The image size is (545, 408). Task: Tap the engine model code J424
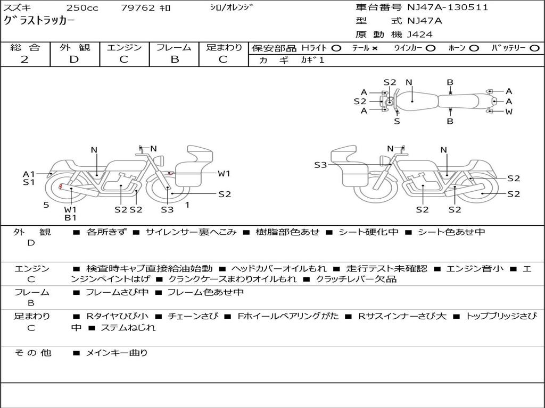click(x=420, y=35)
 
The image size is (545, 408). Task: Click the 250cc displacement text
click(x=82, y=8)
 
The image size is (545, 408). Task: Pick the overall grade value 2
click(x=24, y=59)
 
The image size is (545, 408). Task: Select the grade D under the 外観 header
click(x=74, y=59)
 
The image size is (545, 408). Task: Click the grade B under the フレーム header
click(x=174, y=59)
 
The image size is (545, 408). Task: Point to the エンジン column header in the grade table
click(x=124, y=48)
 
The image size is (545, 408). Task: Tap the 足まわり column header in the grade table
click(x=224, y=48)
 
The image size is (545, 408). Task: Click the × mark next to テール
click(x=375, y=48)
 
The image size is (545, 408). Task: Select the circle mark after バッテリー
click(x=534, y=48)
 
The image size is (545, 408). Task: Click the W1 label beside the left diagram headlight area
click(x=224, y=173)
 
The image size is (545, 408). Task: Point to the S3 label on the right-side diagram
click(x=320, y=165)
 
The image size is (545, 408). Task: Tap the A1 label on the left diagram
click(x=29, y=174)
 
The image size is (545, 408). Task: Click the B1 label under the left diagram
click(x=71, y=217)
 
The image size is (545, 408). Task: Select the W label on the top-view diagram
click(x=509, y=112)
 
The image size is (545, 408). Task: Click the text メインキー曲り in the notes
click(x=117, y=352)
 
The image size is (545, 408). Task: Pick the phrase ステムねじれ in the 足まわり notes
click(x=128, y=328)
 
